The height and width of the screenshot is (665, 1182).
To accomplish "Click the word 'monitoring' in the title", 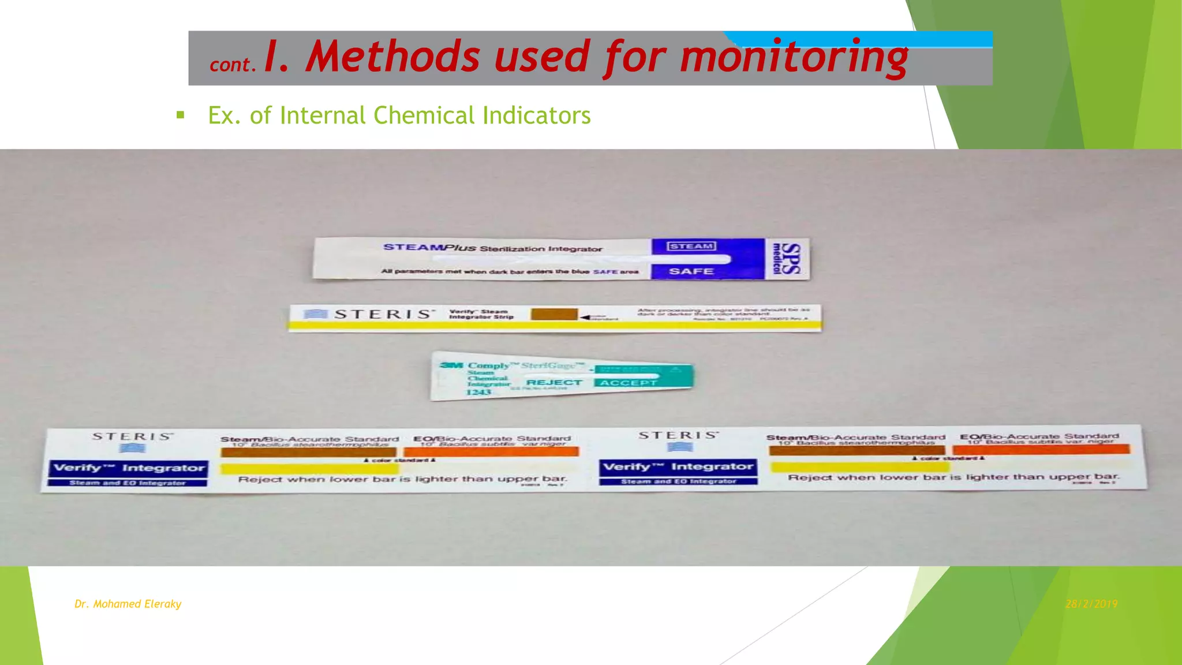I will click(794, 58).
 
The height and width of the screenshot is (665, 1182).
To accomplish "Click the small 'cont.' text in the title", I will click(232, 65).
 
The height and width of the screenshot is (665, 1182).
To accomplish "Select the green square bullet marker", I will click(181, 115).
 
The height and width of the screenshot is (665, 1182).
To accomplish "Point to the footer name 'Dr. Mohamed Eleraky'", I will click(128, 604).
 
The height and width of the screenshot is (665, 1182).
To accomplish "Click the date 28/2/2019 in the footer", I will click(1091, 604).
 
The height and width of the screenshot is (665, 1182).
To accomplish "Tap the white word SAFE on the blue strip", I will click(691, 271).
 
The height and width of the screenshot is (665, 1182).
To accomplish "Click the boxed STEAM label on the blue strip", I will click(691, 246).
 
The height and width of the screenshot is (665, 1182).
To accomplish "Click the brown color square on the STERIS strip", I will click(554, 314).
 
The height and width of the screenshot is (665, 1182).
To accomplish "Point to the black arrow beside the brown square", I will click(586, 317).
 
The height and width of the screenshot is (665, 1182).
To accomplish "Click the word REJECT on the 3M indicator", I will click(554, 382).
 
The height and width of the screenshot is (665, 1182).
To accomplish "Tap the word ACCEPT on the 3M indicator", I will click(628, 383).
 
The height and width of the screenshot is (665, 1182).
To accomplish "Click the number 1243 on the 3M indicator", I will click(478, 393).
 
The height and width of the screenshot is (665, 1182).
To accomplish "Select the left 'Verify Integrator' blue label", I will click(128, 468).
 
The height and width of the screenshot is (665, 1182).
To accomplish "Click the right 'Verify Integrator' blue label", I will click(678, 466).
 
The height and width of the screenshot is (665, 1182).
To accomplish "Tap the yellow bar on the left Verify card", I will click(309, 468).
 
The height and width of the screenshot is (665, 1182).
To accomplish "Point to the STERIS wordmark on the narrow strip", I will click(383, 314).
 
